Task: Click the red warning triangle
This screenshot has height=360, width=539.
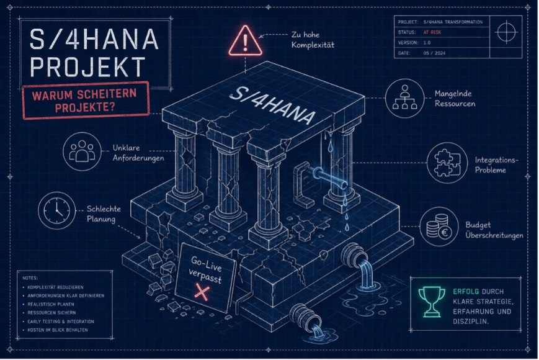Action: pos(246,41)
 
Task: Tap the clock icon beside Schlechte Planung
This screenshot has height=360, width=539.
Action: pos(56,210)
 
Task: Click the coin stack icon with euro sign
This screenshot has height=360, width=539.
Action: pos(439,227)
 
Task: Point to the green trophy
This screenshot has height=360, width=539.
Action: pos(432,302)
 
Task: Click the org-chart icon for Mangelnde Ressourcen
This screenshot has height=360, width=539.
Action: pos(404,98)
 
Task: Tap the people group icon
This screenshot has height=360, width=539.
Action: pos(82,151)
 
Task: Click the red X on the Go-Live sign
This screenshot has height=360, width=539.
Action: pos(202,292)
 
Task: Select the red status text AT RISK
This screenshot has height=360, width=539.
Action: pos(432,32)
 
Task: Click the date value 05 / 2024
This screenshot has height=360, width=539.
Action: pos(435,53)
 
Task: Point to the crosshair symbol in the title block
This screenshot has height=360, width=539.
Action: pos(506,32)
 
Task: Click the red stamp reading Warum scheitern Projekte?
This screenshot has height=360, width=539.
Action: pos(86,101)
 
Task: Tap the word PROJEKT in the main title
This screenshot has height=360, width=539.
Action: pos(88,67)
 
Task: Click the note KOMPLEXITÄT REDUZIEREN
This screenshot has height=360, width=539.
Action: pos(55,287)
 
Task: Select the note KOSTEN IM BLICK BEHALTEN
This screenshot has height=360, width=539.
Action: pos(58,330)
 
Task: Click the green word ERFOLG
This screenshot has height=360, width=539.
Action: pos(466,292)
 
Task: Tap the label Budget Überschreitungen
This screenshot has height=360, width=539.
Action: pos(494,230)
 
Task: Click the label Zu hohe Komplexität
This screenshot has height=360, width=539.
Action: pos(313,40)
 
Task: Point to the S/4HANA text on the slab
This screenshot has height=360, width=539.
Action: pos(271,106)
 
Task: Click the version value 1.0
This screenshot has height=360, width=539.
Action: pos(427,43)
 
